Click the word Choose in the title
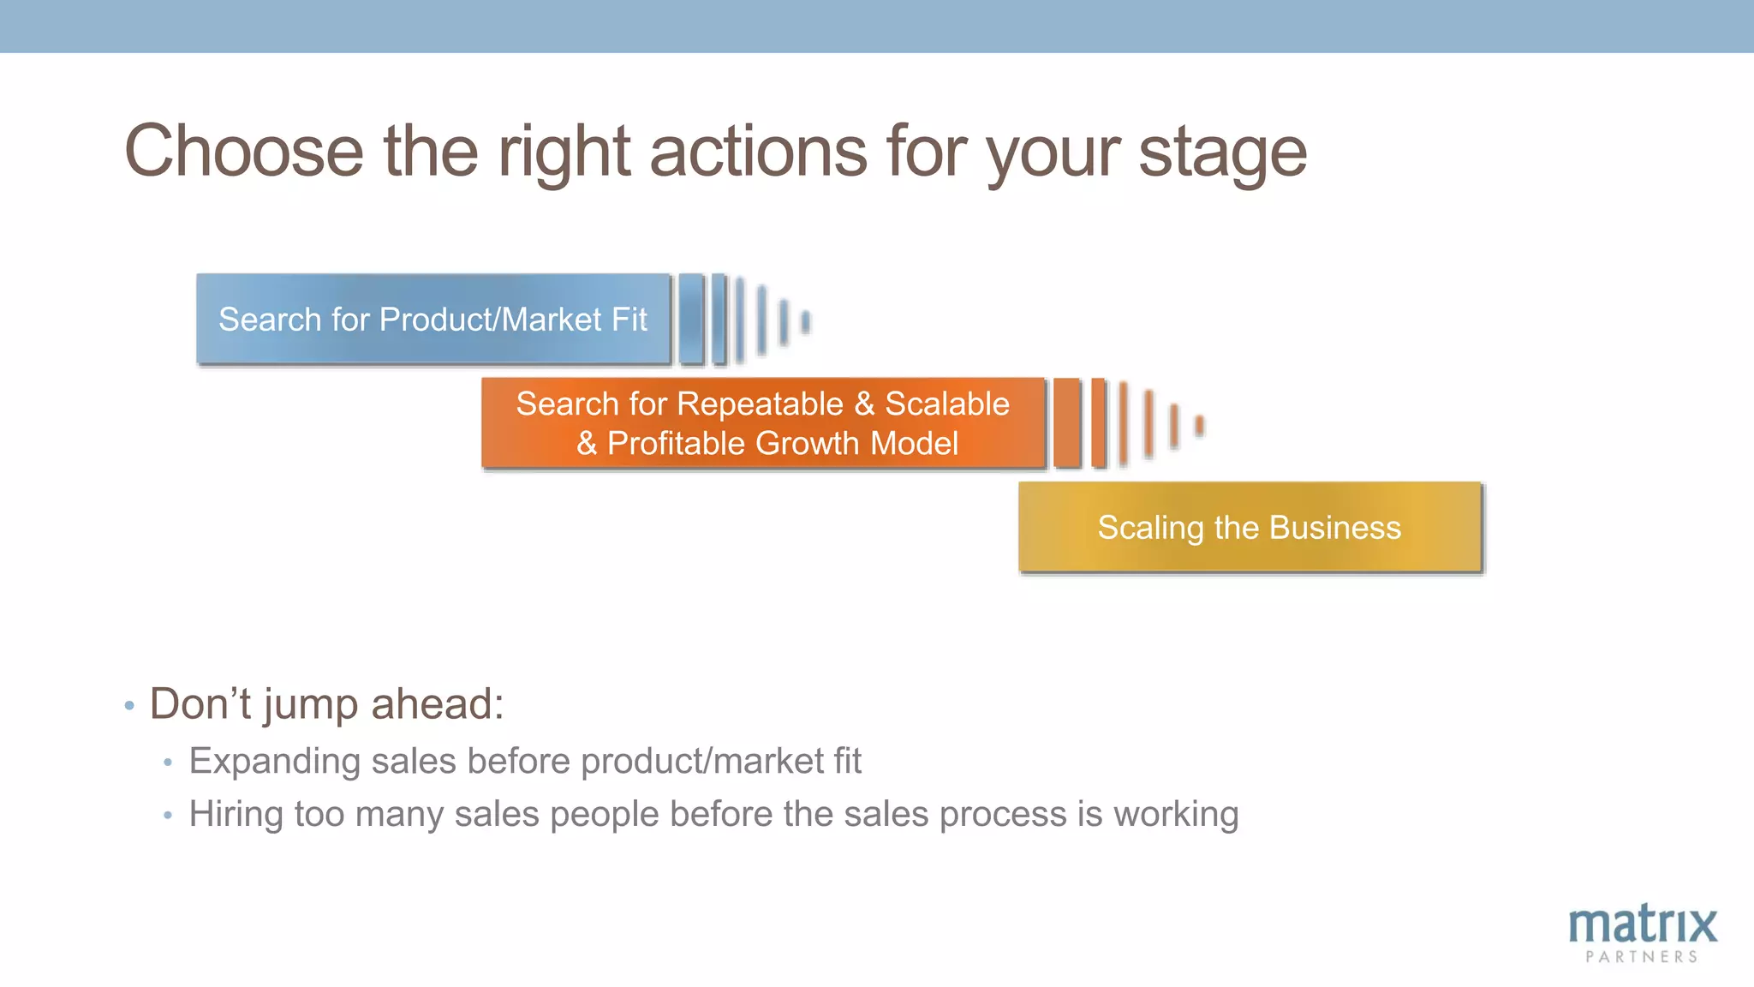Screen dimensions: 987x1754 tap(244, 152)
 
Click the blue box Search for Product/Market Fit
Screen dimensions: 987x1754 tap(433, 320)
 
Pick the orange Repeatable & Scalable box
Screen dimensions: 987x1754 tap(763, 423)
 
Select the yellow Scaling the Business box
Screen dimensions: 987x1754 tap(1250, 527)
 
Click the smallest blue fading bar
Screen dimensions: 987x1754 tap(805, 322)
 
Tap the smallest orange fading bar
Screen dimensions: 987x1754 tap(1200, 425)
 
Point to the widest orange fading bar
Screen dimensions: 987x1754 tap(1066, 423)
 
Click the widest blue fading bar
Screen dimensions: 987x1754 tap(691, 320)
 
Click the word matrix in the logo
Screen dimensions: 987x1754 tap(1643, 925)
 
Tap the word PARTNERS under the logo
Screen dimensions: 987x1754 tap(1642, 957)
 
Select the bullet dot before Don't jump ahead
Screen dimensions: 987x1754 tap(129, 706)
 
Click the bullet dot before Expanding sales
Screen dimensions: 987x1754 tap(168, 762)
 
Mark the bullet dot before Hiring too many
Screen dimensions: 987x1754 tap(168, 815)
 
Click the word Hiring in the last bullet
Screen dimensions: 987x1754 tap(236, 814)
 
